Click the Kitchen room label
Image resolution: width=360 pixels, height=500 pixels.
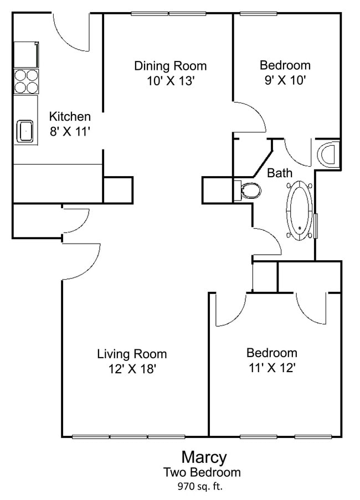coord(70,117)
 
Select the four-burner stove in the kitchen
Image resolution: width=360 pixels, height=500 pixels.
coord(26,81)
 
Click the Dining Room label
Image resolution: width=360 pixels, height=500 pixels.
coord(170,66)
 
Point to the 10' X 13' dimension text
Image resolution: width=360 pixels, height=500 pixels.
coord(170,81)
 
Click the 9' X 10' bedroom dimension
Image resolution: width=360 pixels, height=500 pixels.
coord(285,80)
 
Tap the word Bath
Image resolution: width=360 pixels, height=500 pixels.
coord(280,173)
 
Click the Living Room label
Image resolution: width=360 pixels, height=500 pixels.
coord(132,354)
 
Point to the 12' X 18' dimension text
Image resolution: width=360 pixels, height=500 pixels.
coord(132,368)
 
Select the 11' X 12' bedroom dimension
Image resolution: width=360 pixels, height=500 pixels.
coord(271,367)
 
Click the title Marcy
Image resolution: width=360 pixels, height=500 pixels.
coord(204,457)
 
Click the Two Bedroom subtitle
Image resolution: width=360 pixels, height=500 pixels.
coord(202,472)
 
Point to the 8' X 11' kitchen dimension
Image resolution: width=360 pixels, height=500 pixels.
coord(70,131)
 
